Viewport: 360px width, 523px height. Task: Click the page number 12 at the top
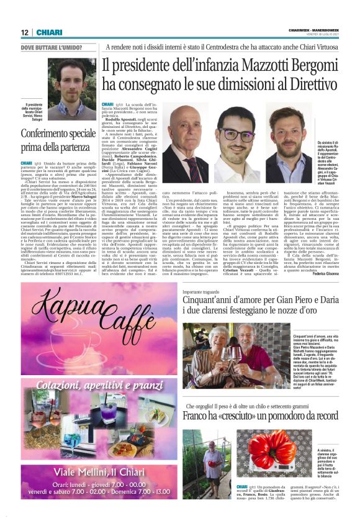click(x=25, y=32)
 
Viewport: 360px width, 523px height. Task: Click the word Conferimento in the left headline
click(x=48, y=133)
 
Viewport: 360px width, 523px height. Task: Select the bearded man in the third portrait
click(x=286, y=137)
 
